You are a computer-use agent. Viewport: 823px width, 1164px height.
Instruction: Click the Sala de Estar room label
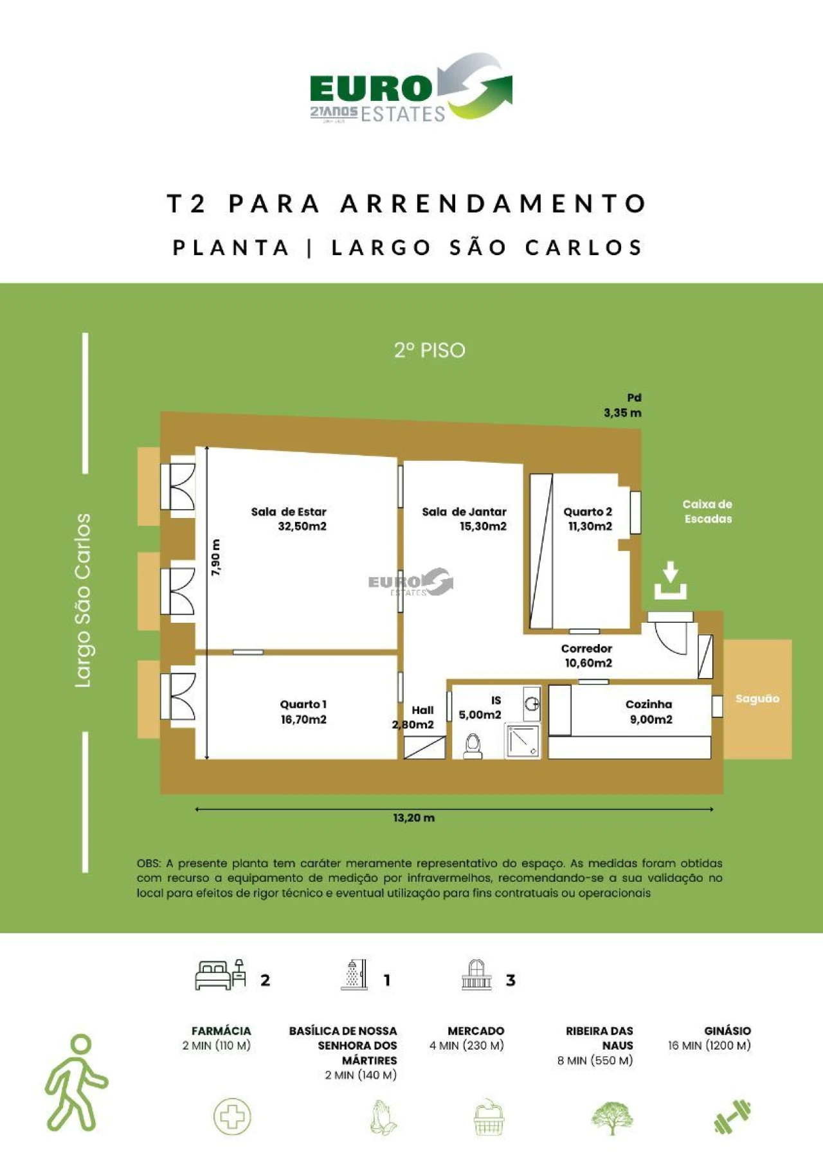click(289, 512)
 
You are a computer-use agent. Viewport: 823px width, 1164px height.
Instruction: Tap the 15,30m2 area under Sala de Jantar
click(482, 526)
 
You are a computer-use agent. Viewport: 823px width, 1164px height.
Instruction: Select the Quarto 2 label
click(588, 512)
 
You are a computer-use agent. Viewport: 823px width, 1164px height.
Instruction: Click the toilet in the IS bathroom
click(473, 746)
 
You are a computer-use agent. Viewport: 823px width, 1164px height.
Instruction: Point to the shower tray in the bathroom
click(522, 741)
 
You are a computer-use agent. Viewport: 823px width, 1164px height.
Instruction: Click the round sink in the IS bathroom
click(532, 703)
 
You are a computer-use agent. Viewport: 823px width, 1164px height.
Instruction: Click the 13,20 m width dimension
click(413, 818)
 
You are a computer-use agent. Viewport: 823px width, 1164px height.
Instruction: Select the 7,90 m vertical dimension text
click(216, 557)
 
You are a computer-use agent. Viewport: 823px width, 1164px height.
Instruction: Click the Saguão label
click(757, 699)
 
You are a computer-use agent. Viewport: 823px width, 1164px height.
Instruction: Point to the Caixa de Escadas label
click(707, 512)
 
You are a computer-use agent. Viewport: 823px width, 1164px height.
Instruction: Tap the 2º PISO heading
click(430, 350)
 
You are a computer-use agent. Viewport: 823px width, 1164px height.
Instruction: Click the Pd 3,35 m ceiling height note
click(623, 406)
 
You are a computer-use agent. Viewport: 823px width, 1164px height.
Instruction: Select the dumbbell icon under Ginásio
click(732, 1116)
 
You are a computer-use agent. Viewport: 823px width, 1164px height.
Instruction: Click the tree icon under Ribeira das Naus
click(611, 1118)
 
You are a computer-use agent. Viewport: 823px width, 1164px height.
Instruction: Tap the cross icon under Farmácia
click(232, 1116)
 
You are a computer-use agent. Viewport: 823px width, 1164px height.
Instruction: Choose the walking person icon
click(76, 1083)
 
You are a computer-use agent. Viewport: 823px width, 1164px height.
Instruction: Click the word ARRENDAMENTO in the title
click(493, 204)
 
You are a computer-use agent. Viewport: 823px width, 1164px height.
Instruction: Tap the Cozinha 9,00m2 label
click(649, 712)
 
